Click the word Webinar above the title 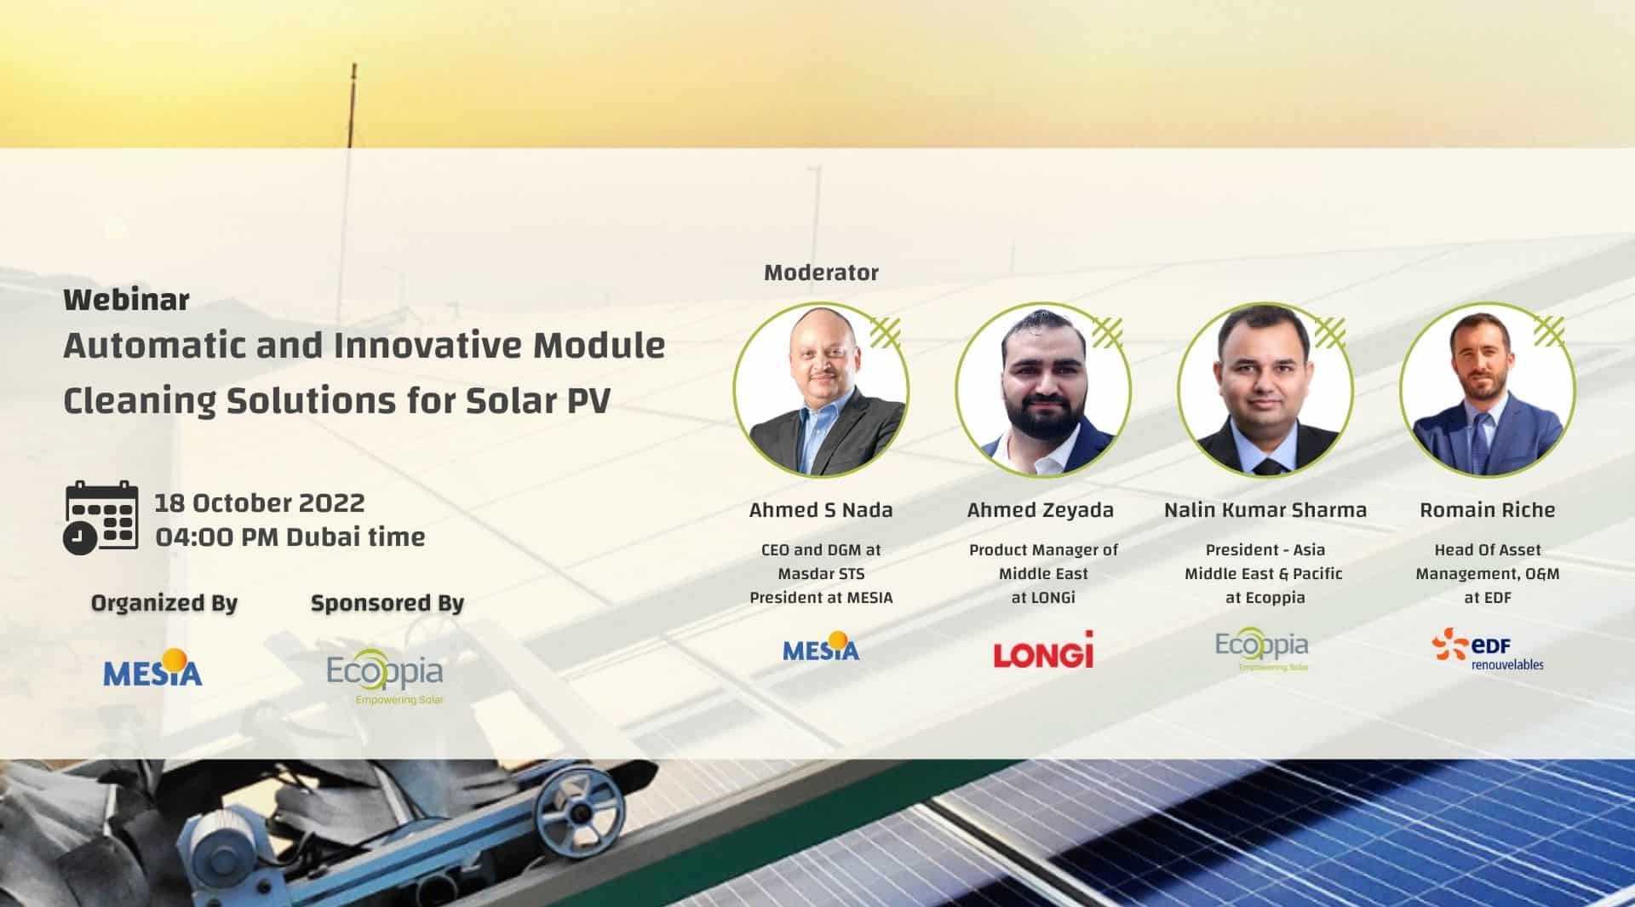(126, 300)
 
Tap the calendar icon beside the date (101, 518)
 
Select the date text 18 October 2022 (260, 502)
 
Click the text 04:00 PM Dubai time (290, 537)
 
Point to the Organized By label (164, 603)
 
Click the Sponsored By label (387, 603)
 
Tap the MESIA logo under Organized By (153, 668)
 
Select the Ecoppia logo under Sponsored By (386, 677)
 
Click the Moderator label (821, 273)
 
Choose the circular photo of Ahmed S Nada (821, 389)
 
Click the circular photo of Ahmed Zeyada (1043, 389)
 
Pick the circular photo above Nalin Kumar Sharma (1265, 389)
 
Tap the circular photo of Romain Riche (1488, 389)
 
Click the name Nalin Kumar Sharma (1265, 510)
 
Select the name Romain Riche (1488, 510)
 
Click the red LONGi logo (1043, 650)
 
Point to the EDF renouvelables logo (1488, 650)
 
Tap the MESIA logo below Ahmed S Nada (821, 647)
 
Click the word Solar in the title (511, 401)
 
